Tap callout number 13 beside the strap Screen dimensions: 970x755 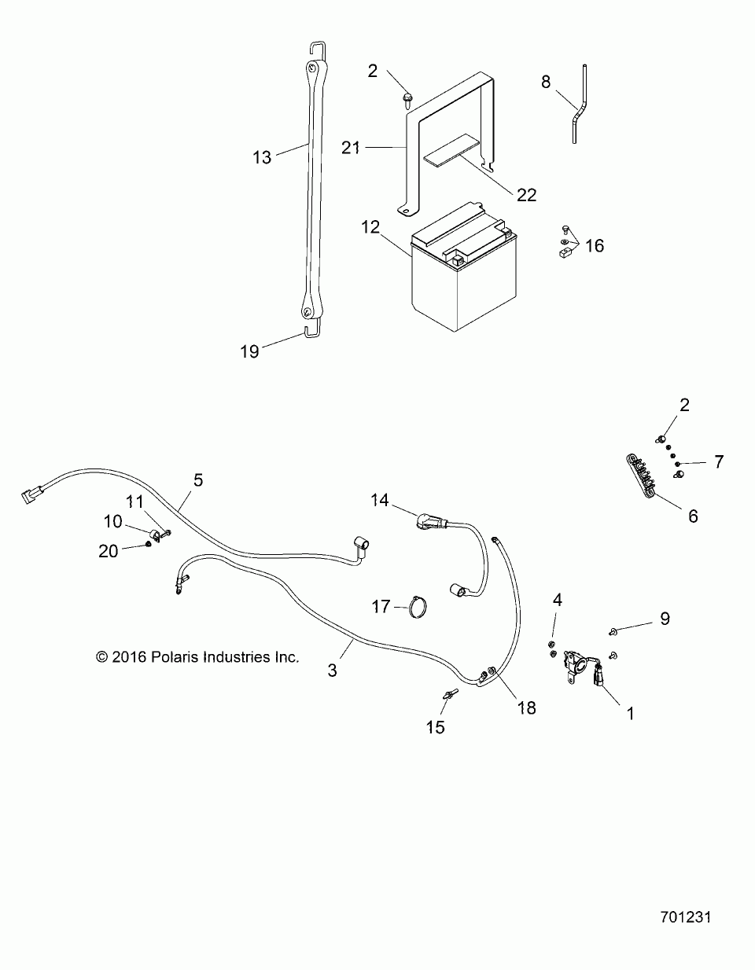click(x=262, y=157)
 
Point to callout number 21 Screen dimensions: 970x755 click(x=351, y=146)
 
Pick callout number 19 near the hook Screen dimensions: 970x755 click(x=249, y=351)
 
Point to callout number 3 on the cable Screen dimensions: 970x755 click(x=333, y=670)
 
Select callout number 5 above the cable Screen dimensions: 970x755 click(x=197, y=479)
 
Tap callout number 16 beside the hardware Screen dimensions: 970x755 click(x=595, y=245)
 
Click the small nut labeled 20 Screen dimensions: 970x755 click(x=149, y=545)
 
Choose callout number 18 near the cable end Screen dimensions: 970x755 click(x=526, y=707)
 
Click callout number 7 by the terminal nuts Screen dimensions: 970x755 click(x=718, y=461)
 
